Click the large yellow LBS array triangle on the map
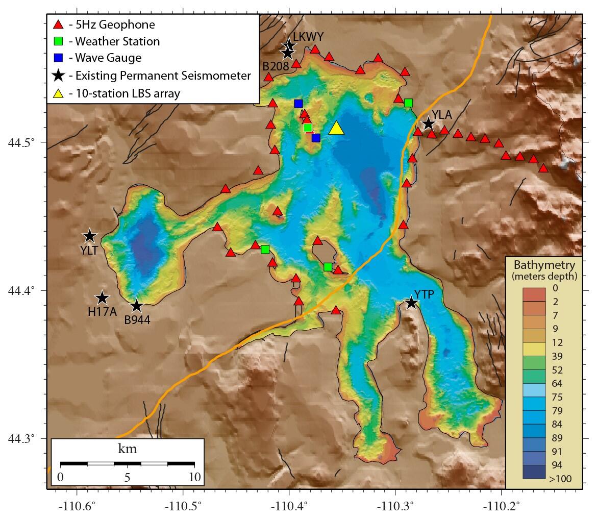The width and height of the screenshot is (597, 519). click(x=336, y=128)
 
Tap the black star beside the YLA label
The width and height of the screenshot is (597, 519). click(x=428, y=124)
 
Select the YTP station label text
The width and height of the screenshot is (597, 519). click(x=424, y=294)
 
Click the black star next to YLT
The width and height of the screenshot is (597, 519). click(x=90, y=236)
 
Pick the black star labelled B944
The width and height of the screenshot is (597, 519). click(x=137, y=306)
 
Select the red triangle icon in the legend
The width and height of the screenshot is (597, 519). click(x=59, y=24)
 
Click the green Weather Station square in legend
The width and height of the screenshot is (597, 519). click(x=59, y=41)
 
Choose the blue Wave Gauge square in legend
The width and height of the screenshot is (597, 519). click(x=59, y=58)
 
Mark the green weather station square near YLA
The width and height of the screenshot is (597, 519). click(x=409, y=103)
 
